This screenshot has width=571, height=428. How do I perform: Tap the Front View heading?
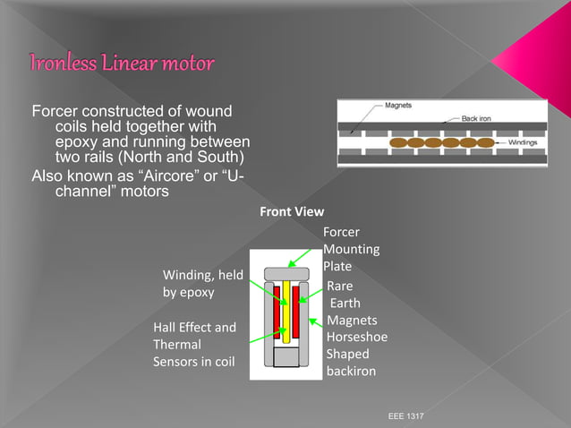[292, 212]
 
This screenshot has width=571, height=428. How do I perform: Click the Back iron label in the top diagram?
[481, 118]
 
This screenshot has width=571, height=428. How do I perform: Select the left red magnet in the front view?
[277, 309]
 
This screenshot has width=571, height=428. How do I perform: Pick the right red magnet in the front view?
[295, 309]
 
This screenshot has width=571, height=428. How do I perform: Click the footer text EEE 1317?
[406, 417]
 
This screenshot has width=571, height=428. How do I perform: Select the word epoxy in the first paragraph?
[76, 142]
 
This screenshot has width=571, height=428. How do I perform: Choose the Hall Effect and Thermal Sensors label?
[195, 345]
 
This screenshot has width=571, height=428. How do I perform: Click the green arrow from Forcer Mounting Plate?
[305, 260]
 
